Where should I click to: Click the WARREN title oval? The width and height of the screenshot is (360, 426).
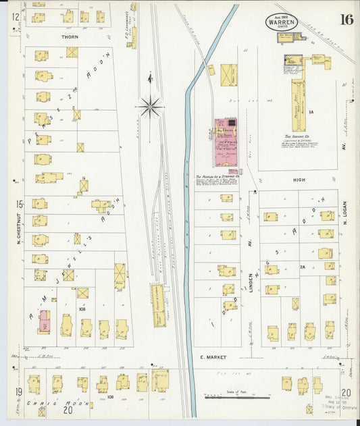(282, 21)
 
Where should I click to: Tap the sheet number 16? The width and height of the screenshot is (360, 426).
(346, 19)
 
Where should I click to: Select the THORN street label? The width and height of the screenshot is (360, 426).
(70, 37)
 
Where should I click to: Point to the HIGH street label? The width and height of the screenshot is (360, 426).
(299, 180)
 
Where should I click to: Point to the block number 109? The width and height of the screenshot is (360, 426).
(110, 397)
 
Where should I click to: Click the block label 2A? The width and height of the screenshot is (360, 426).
(303, 267)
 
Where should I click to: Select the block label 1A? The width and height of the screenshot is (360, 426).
(311, 111)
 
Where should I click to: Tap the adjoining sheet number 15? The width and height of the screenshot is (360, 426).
(20, 204)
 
